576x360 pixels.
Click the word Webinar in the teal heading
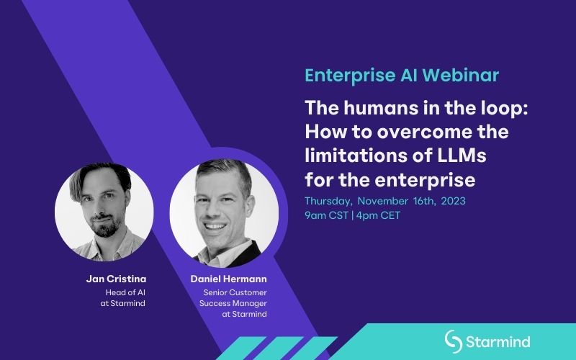point(460,76)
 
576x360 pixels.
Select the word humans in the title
point(381,108)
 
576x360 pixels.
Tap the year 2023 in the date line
point(454,201)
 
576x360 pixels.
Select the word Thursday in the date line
point(328,202)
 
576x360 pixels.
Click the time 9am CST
point(326,215)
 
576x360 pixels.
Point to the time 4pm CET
point(379,215)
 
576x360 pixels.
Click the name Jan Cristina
point(116,279)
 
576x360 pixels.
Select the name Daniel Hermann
point(228,279)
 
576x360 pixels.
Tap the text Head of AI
point(125,292)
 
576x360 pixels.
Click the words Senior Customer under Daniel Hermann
point(235,292)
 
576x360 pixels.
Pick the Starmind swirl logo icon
point(454,341)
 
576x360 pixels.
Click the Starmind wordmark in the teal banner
point(498,341)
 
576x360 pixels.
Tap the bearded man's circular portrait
point(104,212)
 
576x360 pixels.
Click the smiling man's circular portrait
point(224,213)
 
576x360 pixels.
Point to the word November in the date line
point(383,201)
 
